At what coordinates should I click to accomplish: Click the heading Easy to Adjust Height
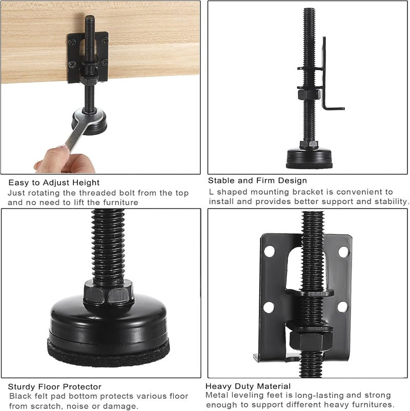point(54,182)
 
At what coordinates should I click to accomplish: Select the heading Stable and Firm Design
point(257,180)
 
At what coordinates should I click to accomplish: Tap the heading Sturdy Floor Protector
point(54,386)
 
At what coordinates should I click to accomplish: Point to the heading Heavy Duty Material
point(248,386)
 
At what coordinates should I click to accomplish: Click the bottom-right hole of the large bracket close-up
point(342,307)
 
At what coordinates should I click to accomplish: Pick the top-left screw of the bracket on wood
point(72,39)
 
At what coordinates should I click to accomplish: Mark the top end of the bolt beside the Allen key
point(309,11)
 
